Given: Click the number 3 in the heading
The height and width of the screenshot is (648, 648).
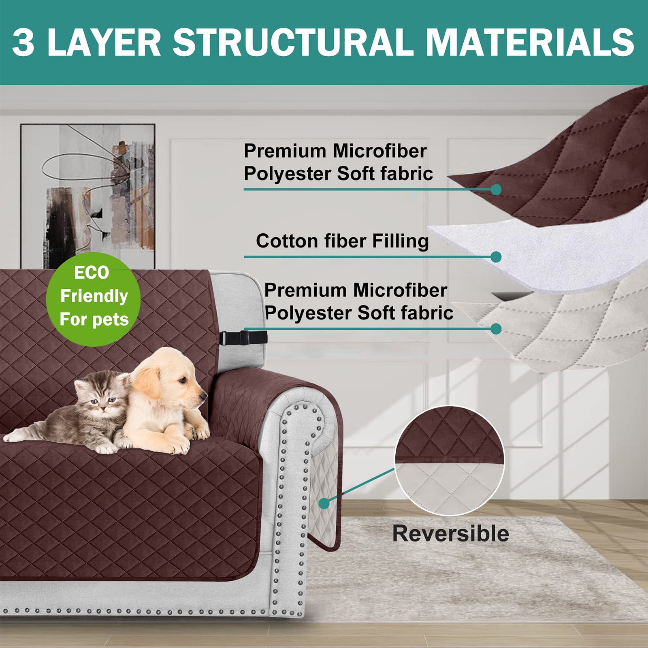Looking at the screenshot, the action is coord(23,43).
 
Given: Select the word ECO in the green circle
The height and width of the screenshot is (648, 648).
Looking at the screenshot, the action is coord(92,273).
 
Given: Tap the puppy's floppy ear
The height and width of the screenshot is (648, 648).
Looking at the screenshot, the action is coord(148,383).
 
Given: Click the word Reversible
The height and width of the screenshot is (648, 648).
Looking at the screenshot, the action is coord(451,533).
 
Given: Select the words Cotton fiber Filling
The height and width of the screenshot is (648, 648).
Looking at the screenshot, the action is coord(342,241).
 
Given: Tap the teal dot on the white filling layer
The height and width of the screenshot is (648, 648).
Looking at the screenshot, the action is coord(496,257).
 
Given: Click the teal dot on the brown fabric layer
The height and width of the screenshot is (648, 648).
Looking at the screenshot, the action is coord(496,189).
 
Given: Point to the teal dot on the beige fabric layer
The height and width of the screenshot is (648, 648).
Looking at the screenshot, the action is coord(496,328).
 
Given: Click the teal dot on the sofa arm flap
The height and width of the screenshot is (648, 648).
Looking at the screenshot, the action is coord(324,503).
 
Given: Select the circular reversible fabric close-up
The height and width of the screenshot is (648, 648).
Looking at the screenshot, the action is coord(450,460).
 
